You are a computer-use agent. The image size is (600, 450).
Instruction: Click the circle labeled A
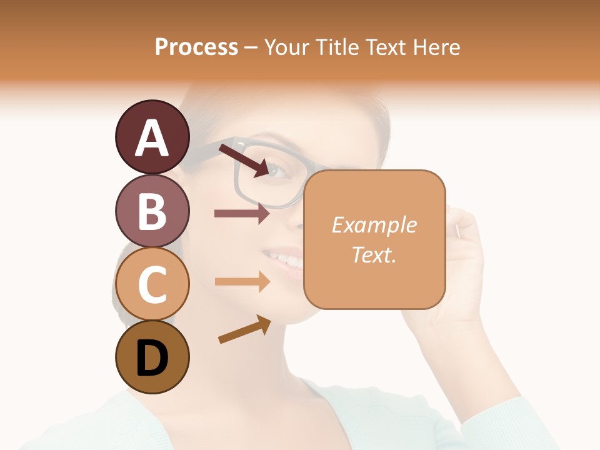click(x=152, y=137)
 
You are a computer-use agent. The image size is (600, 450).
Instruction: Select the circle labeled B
click(x=152, y=211)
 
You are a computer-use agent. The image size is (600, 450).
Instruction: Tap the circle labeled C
click(x=152, y=284)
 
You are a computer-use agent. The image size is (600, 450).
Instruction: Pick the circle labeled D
click(x=152, y=357)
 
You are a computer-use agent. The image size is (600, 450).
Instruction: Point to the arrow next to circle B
click(x=242, y=213)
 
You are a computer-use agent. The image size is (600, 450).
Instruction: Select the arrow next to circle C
click(x=242, y=282)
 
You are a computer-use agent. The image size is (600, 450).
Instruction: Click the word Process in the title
click(x=196, y=47)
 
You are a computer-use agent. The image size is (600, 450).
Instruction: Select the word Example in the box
click(x=374, y=225)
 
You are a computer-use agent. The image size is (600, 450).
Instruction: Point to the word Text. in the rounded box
click(x=374, y=254)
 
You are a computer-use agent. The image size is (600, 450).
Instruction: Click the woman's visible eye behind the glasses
click(x=278, y=170)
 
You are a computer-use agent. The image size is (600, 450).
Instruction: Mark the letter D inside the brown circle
click(x=152, y=358)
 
